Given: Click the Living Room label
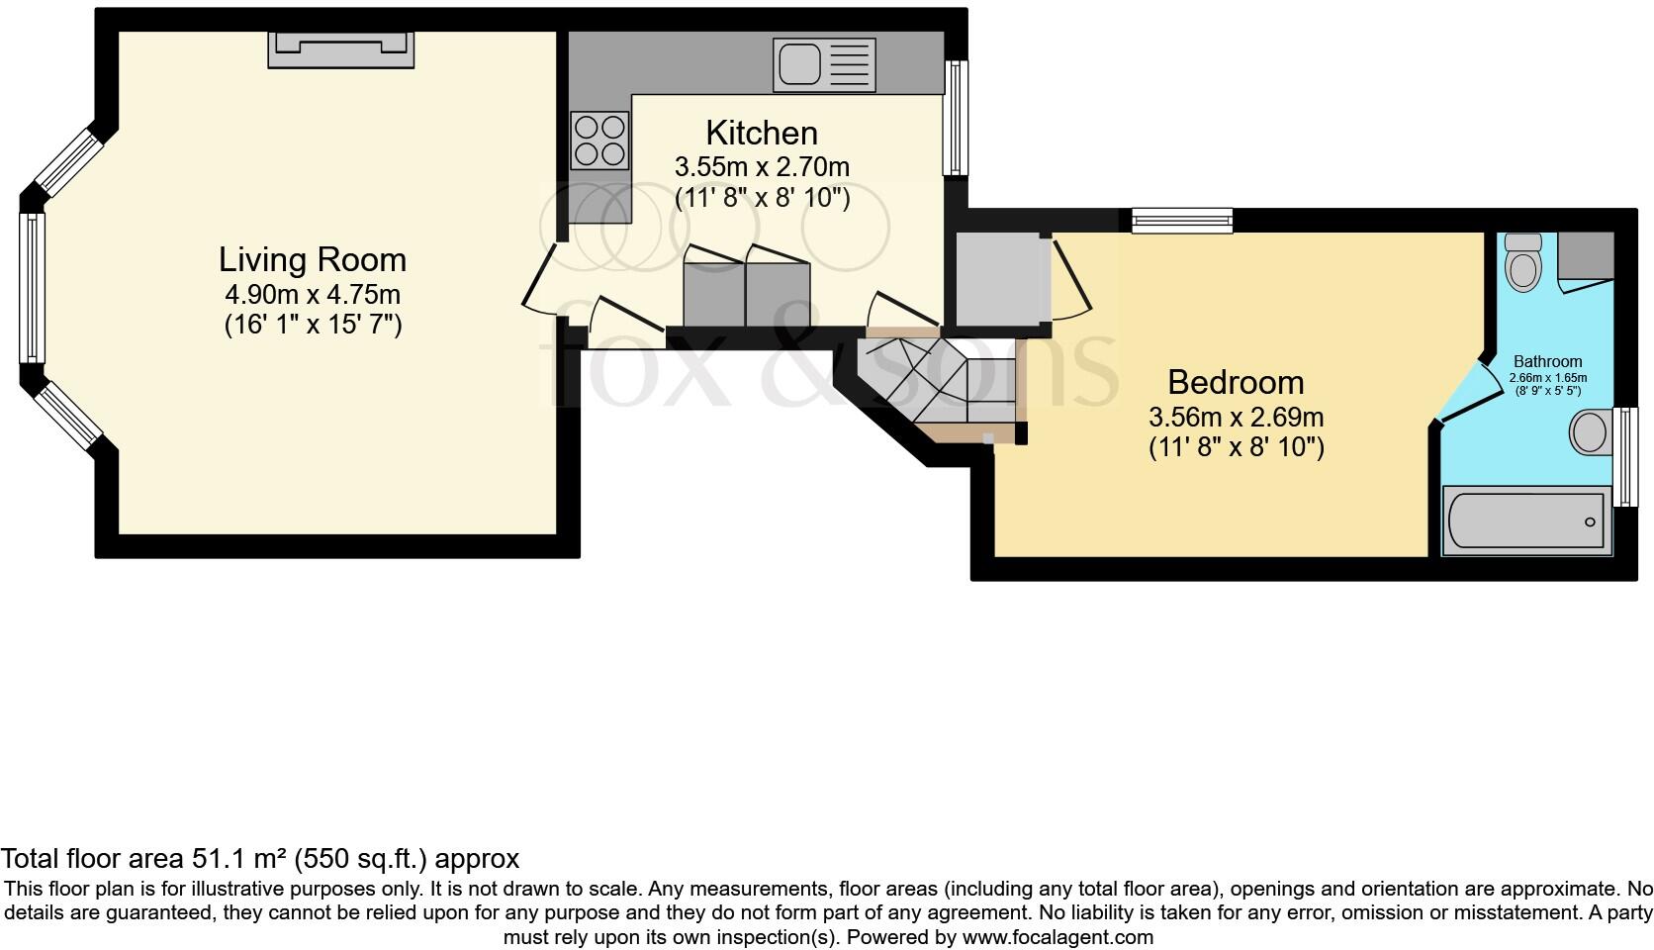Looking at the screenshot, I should [x=313, y=260].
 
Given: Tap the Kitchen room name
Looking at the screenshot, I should [x=761, y=133].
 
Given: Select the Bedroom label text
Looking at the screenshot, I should [x=1236, y=382].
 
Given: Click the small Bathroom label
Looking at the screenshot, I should [x=1547, y=362].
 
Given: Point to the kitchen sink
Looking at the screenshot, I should [x=824, y=65].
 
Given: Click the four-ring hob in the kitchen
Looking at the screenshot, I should [x=599, y=141].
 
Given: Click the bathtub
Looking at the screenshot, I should [x=1524, y=521].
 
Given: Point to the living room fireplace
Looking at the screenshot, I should [x=340, y=48].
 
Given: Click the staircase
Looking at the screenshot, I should [x=935, y=382].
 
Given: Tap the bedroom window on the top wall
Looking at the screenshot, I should [x=1182, y=220].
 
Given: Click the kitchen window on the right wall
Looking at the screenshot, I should [x=956, y=118].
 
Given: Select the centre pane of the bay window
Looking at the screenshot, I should [x=32, y=288].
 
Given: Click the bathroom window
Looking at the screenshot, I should [x=1624, y=456].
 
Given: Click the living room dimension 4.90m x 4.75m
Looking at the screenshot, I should [x=313, y=294].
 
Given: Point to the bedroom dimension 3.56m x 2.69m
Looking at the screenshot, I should [x=1236, y=417].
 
